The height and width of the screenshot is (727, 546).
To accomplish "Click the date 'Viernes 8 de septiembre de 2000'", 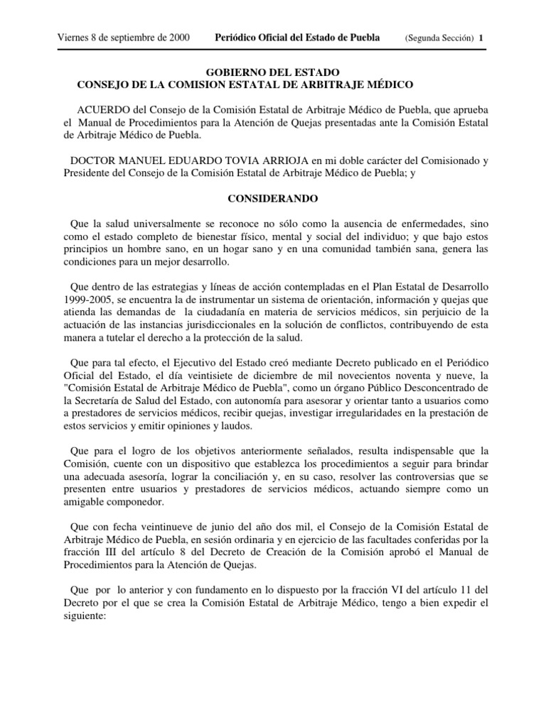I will click(122, 38).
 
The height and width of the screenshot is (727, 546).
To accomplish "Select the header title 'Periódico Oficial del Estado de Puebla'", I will click(298, 38).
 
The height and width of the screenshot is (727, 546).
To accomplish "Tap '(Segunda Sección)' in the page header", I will click(439, 38).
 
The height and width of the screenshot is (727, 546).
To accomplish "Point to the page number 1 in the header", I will click(481, 38).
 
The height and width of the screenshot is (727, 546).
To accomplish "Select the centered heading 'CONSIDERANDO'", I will click(273, 201).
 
